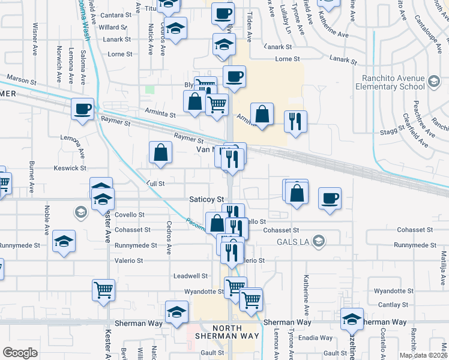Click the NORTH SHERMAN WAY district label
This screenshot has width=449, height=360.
[x=218, y=332]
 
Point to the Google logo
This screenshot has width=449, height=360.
[x=20, y=352]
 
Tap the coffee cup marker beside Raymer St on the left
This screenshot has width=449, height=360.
[x=83, y=109]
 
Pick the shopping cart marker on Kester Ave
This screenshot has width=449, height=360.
[x=103, y=290]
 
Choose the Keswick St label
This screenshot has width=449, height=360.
[x=70, y=168]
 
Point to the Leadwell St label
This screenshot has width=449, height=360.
[x=190, y=276]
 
